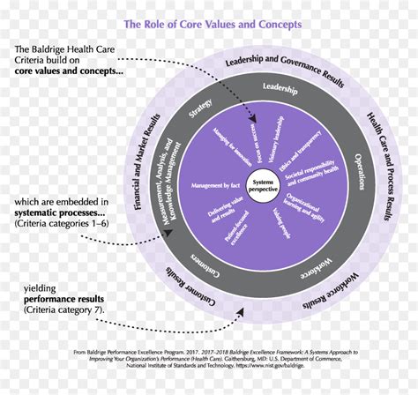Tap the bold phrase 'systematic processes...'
tap(58, 213)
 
